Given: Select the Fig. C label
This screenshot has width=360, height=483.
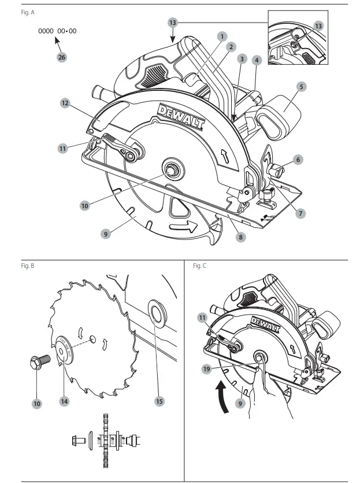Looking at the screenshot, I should pyautogui.click(x=200, y=266).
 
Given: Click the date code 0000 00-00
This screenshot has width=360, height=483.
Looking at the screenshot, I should pyautogui.click(x=57, y=31).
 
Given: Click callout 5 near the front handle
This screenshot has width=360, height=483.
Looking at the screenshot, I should pyautogui.click(x=302, y=86).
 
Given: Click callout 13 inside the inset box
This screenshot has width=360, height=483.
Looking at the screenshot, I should pyautogui.click(x=319, y=26).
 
